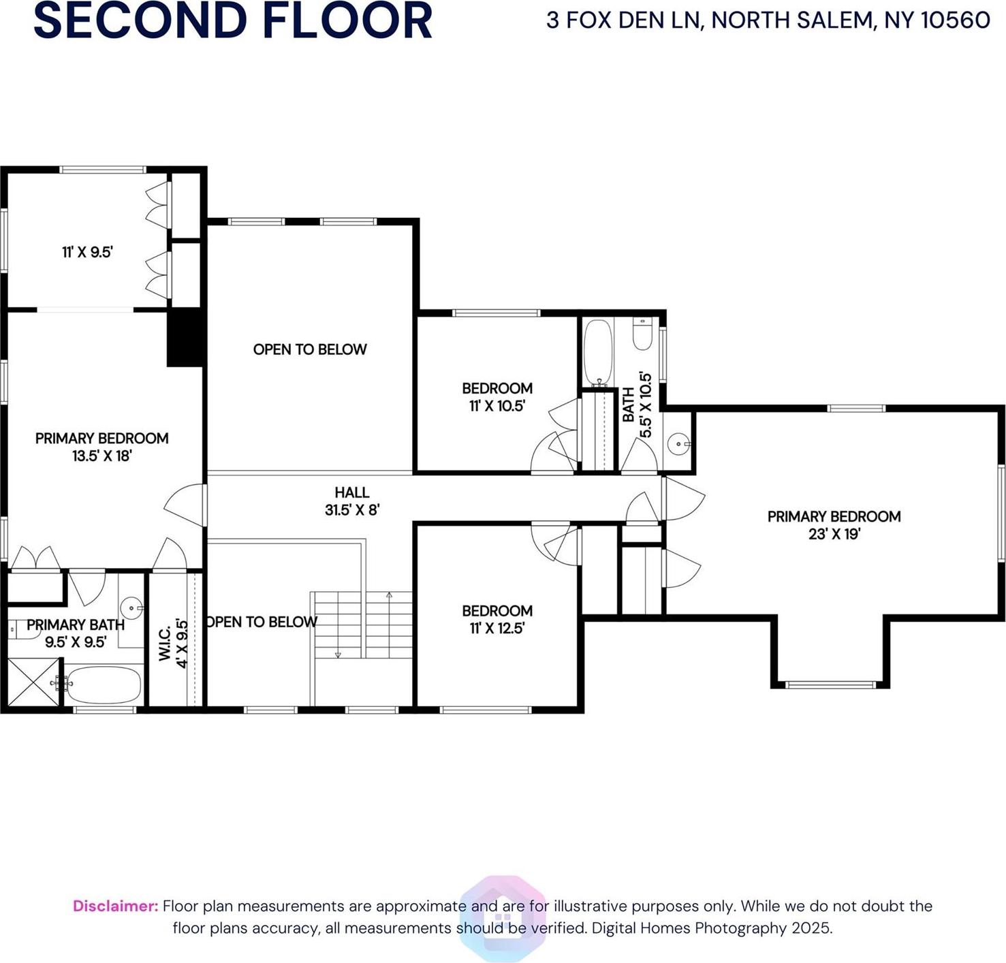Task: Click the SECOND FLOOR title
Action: [x=232, y=20]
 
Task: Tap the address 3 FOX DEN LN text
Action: [x=768, y=20]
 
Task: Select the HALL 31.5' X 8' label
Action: [x=351, y=501]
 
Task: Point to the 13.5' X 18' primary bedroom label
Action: [x=101, y=447]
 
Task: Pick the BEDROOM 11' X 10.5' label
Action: [x=497, y=397]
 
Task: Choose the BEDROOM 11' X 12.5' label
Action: [x=497, y=619]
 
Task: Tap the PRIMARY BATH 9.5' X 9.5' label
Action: [x=75, y=633]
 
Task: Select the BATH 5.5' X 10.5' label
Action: [x=636, y=405]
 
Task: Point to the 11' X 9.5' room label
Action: [x=87, y=252]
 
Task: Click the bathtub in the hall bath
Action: [x=598, y=352]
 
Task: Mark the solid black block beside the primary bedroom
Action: [x=185, y=338]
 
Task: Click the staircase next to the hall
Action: [x=362, y=625]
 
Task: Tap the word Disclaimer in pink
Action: [x=115, y=906]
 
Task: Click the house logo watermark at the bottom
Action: [x=503, y=918]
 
